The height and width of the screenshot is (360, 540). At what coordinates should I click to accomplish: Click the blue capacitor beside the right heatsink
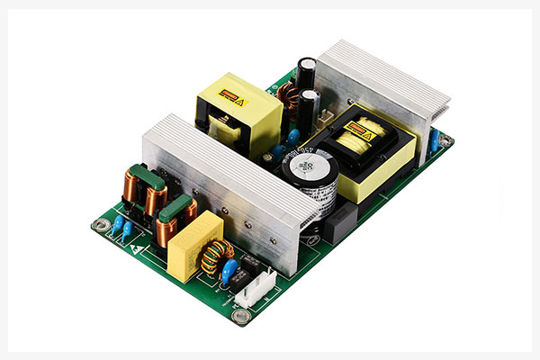(434, 139)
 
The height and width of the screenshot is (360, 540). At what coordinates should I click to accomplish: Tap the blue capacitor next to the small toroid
(230, 270)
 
